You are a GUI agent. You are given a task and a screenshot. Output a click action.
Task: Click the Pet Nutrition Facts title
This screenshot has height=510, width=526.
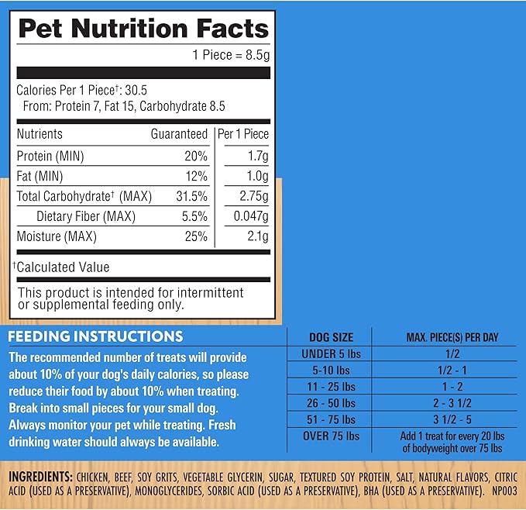point(143,29)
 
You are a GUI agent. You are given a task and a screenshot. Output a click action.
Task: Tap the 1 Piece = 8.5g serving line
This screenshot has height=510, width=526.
point(230,55)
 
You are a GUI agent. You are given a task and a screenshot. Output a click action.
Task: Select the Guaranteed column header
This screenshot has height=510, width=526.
point(179,134)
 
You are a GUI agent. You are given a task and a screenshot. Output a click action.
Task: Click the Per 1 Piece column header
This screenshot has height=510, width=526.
point(243,134)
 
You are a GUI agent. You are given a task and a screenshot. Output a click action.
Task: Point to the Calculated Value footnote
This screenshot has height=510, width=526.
point(62,267)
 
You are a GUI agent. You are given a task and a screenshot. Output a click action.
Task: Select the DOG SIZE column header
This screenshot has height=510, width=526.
point(330,337)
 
